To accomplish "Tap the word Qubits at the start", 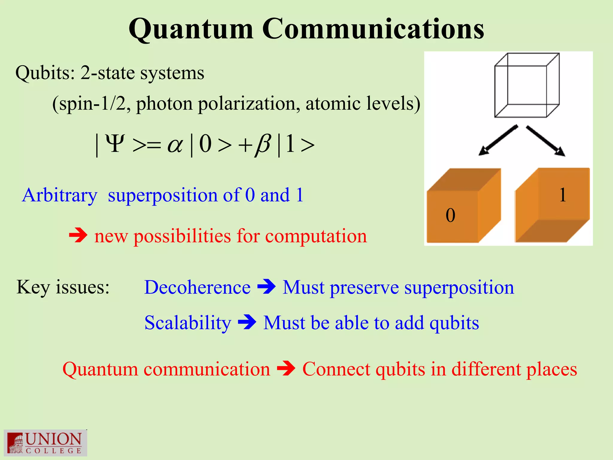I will (x=45, y=73).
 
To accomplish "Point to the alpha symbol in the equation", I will (x=175, y=145).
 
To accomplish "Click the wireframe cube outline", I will (x=527, y=85).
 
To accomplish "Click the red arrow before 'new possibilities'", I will (x=78, y=236).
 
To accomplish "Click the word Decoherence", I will (x=197, y=287).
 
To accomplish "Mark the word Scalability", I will (x=188, y=323).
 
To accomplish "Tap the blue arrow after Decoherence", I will (x=266, y=287).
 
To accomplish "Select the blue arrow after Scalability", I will (x=247, y=323).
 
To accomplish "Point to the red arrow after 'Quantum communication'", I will (x=286, y=369).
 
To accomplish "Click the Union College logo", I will (x=45, y=443).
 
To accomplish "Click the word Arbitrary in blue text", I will (x=60, y=195).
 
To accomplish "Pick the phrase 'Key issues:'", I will (x=63, y=287).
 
